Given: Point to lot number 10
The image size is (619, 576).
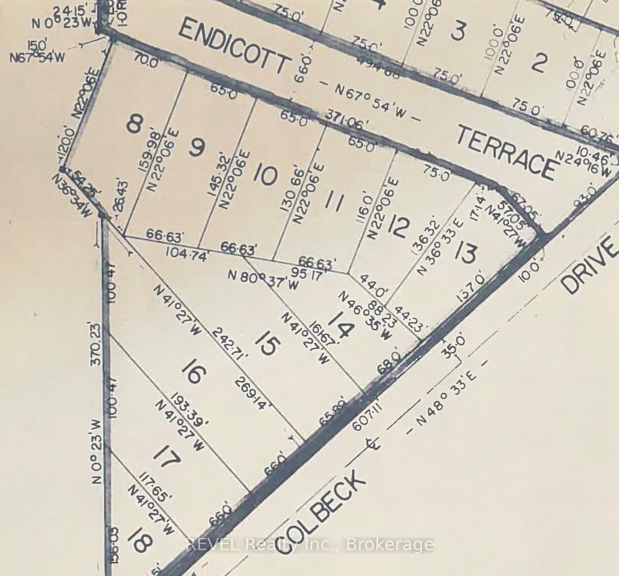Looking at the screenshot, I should (266, 175).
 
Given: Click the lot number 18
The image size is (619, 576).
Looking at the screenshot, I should (139, 539).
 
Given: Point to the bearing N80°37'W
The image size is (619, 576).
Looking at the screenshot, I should (263, 280).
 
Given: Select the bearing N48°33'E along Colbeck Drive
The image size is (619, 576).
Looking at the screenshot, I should (446, 397).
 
